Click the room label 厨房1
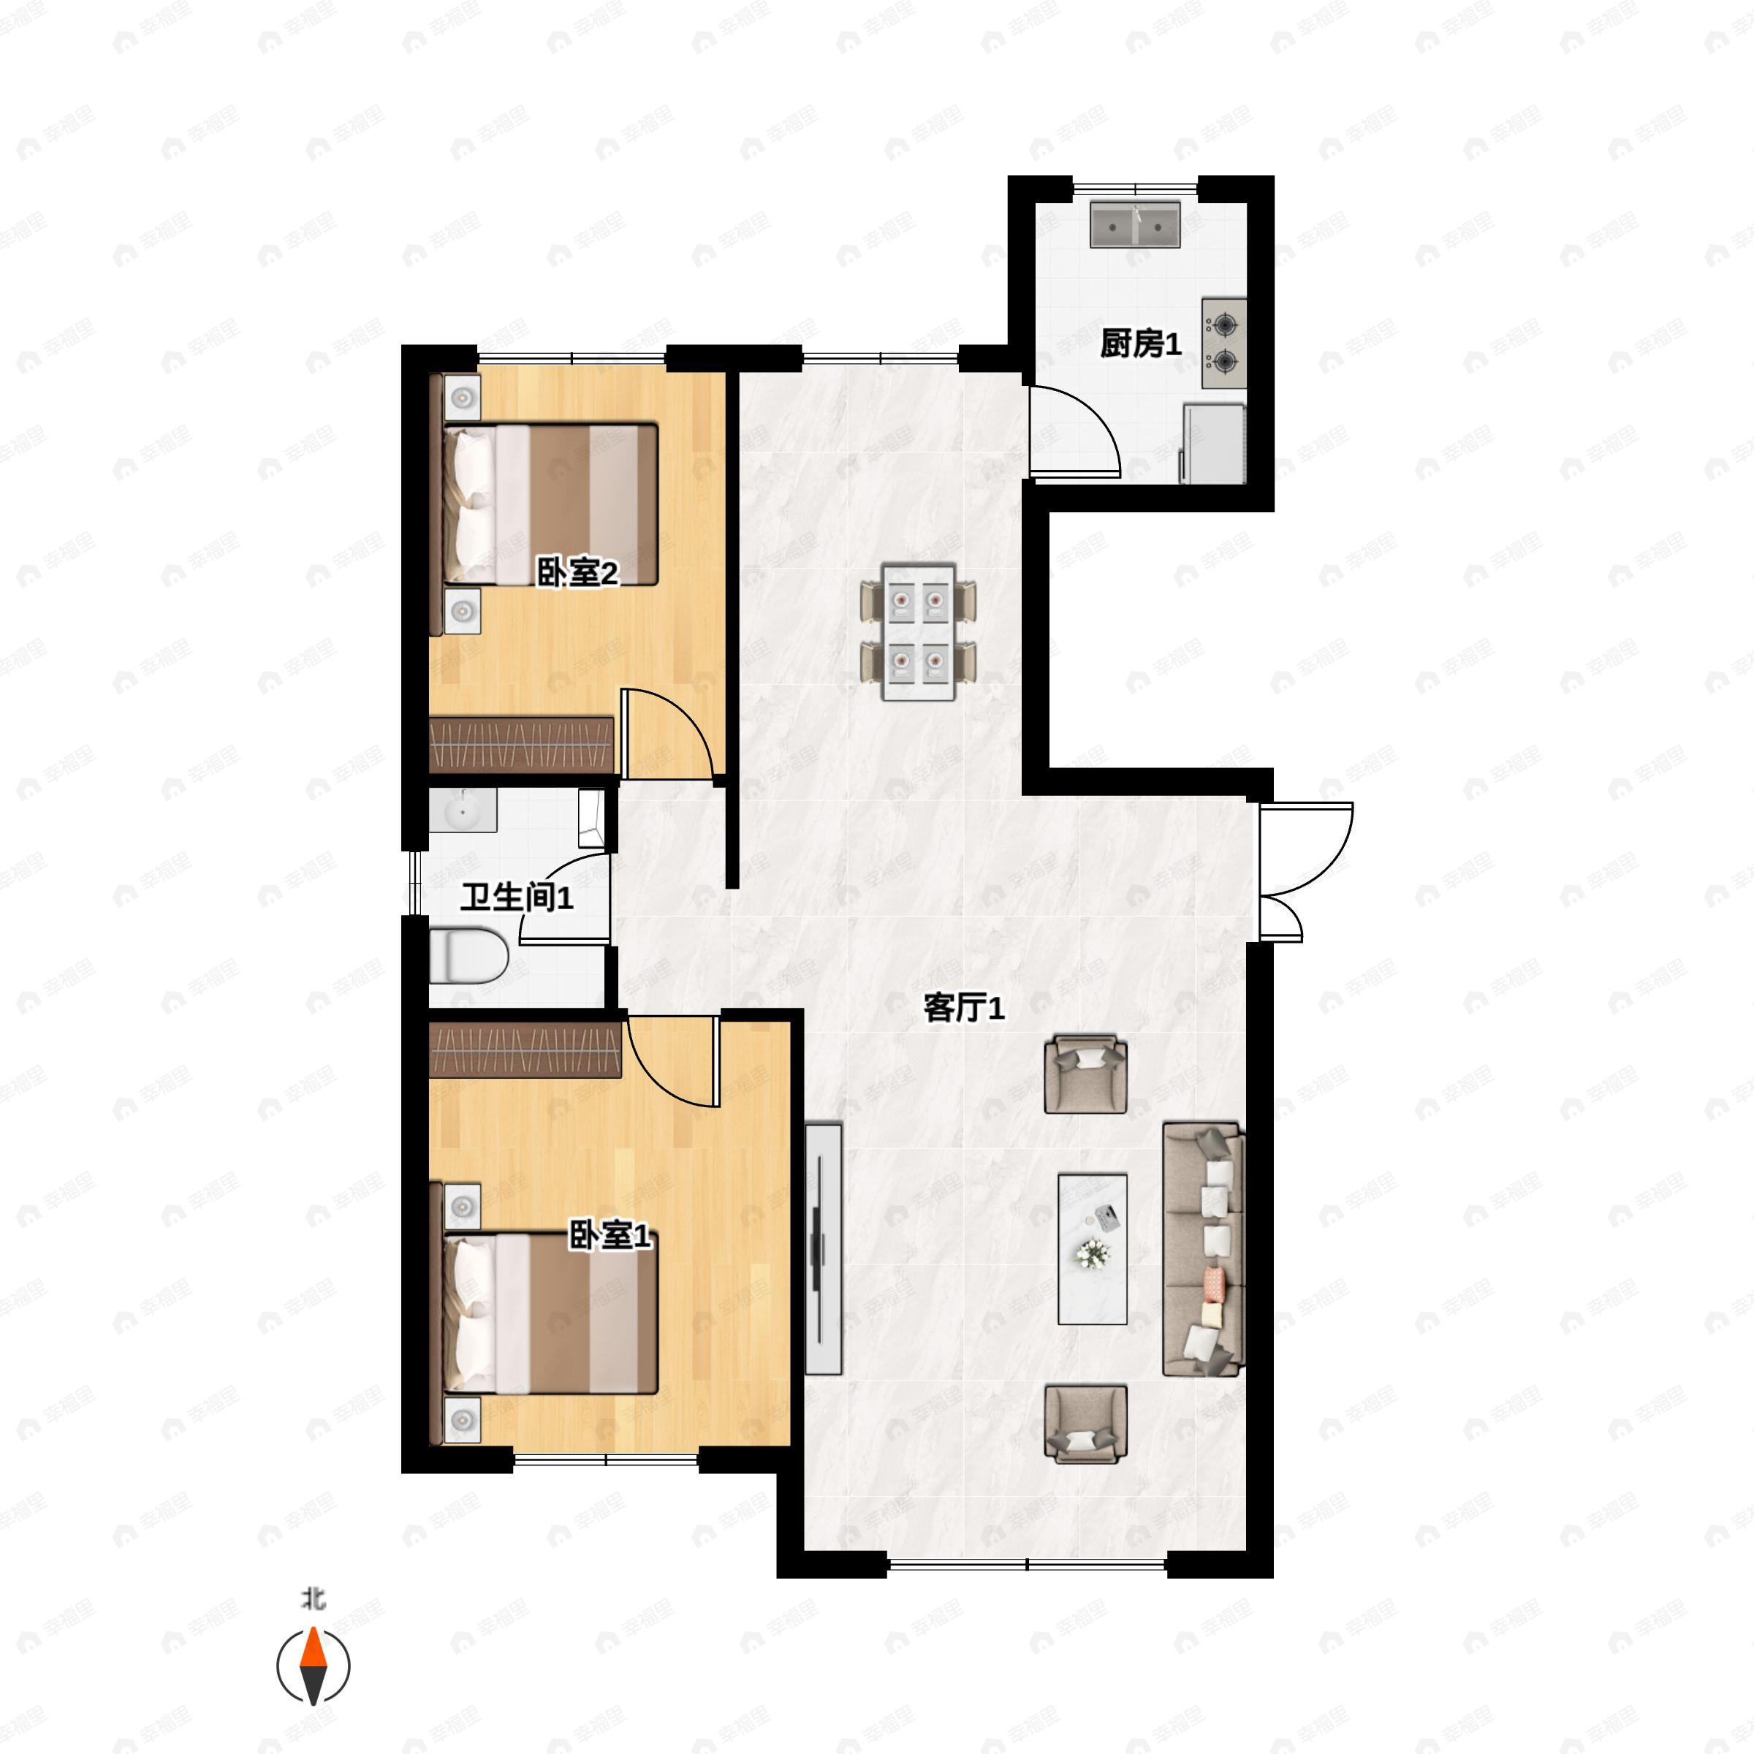1140,345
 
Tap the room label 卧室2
577,573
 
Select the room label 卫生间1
517,898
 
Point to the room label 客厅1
964,1008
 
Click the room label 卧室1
610,1236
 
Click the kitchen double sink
1135,224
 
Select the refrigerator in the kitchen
1213,444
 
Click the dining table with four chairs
919,632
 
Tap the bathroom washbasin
463,810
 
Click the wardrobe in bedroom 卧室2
521,745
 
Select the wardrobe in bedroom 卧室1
525,1049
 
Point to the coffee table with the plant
1093,1248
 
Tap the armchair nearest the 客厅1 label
1086,1076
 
